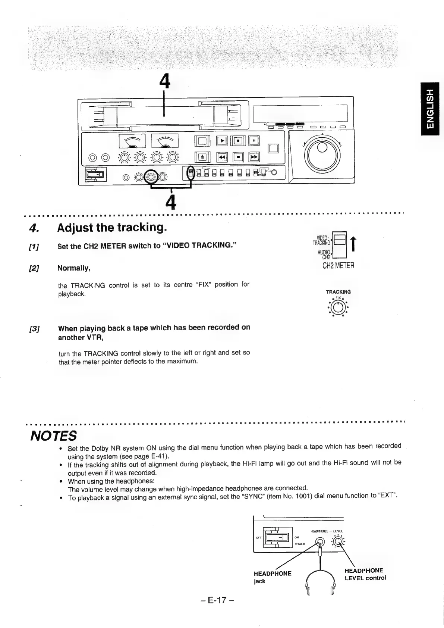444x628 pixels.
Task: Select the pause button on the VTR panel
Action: pos(254,141)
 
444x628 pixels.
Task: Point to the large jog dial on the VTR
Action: pos(322,153)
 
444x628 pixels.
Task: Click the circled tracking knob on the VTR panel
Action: pos(151,176)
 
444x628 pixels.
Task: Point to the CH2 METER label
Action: pos(338,266)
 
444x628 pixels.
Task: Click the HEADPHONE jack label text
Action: pos(272,577)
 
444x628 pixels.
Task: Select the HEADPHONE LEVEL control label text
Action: pos(365,574)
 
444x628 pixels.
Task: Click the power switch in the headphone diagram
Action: pos(276,538)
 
